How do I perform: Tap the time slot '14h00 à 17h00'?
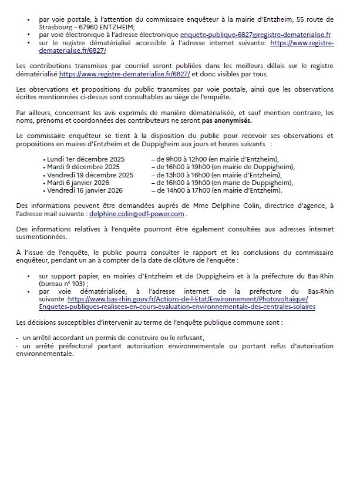(x=177, y=190)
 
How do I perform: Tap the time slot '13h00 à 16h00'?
(x=177, y=174)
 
